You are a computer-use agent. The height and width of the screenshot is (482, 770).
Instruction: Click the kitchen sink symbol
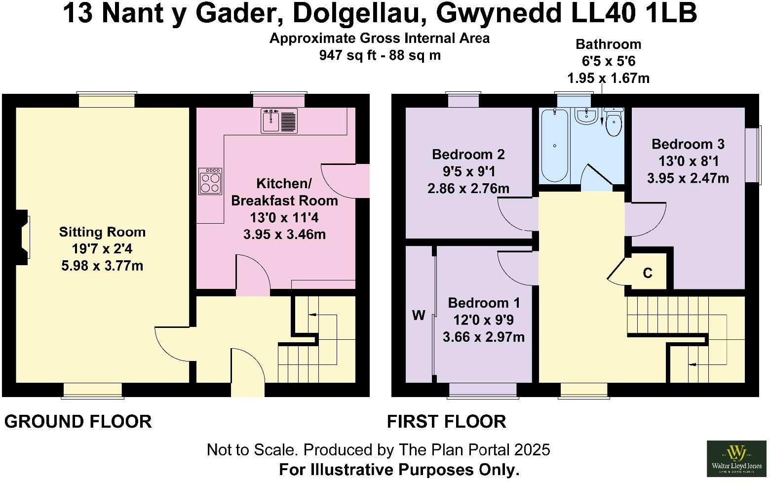[x=279, y=120]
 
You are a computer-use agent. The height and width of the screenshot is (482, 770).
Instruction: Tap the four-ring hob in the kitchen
[x=210, y=181]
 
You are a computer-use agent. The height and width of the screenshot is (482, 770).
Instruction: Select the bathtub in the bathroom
[x=555, y=146]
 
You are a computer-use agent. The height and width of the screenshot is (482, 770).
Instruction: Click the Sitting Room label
[x=102, y=232]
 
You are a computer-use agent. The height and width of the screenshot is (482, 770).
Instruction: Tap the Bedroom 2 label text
[x=468, y=155]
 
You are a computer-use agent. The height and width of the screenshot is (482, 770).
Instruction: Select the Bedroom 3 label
[x=688, y=144]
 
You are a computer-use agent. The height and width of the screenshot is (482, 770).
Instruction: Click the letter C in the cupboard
[x=648, y=273]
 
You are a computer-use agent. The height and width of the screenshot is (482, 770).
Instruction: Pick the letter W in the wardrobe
[x=419, y=316]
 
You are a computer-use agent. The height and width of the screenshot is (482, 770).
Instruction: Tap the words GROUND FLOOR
[x=78, y=422]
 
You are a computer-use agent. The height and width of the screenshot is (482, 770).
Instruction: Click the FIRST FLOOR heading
[x=446, y=422]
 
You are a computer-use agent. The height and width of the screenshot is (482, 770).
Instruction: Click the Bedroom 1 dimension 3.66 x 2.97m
[x=483, y=337]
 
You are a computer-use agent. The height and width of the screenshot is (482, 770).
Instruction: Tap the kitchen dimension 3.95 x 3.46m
[x=284, y=234]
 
